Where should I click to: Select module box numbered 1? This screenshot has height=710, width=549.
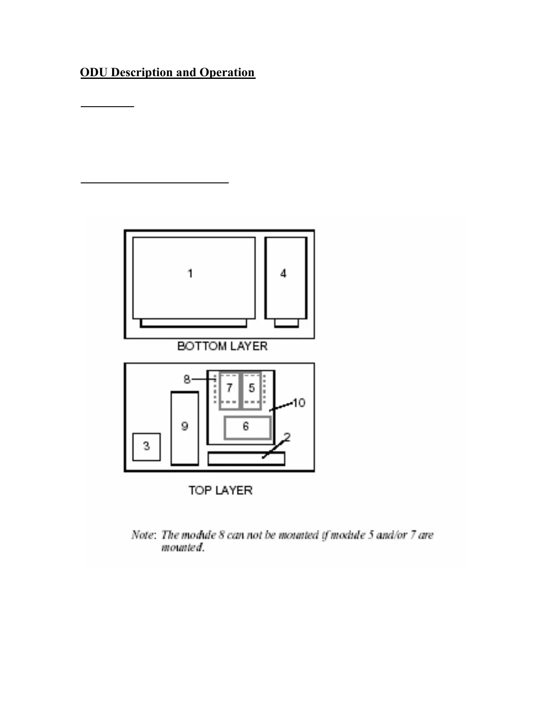[x=194, y=278]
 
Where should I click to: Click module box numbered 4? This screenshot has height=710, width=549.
[x=286, y=278]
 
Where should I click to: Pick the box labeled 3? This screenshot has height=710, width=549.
[x=146, y=446]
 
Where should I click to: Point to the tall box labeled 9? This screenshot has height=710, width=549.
[x=184, y=429]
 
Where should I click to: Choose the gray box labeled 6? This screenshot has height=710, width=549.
[x=247, y=428]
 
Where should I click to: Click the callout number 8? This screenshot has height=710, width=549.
[x=187, y=379]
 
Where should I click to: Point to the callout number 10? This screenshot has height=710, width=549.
[x=299, y=403]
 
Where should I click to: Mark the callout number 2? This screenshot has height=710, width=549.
[x=287, y=437]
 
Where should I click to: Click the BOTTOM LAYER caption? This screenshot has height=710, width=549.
[x=222, y=346]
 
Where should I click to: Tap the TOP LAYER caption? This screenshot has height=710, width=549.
[x=220, y=490]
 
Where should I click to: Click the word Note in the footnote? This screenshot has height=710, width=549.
[x=143, y=535]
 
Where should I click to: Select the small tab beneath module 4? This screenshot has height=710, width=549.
[x=286, y=323]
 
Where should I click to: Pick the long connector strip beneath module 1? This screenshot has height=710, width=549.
[x=193, y=323]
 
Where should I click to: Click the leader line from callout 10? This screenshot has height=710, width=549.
[x=281, y=407]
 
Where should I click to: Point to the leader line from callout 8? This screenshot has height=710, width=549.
[x=204, y=379]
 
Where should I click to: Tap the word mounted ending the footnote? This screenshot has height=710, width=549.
[x=183, y=548]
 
